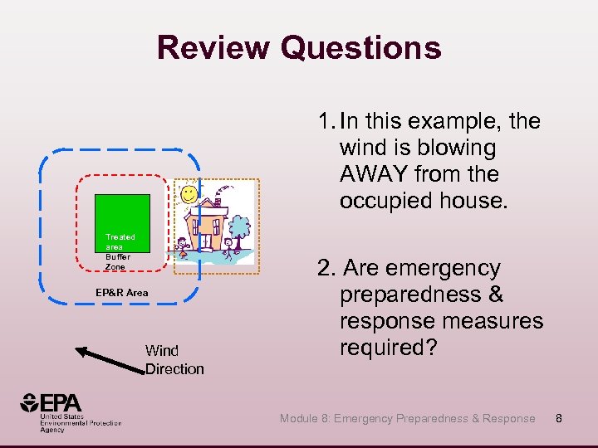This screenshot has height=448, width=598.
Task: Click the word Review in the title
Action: click(x=213, y=47)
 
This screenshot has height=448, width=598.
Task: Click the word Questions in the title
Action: click(x=360, y=47)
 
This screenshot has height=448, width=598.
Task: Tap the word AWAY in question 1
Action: click(x=375, y=174)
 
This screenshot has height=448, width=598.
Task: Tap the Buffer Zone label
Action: click(x=117, y=262)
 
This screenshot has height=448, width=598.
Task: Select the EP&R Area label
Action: click(x=121, y=292)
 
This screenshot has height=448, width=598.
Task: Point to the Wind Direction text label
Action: click(x=174, y=359)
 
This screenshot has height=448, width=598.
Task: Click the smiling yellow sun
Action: click(x=189, y=194)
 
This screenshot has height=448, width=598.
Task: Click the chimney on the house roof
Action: click(x=218, y=201)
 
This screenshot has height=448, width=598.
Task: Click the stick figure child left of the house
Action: click(x=181, y=246)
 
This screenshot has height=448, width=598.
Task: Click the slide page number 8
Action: click(x=559, y=418)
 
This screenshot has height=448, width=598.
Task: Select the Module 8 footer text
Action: click(x=407, y=418)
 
